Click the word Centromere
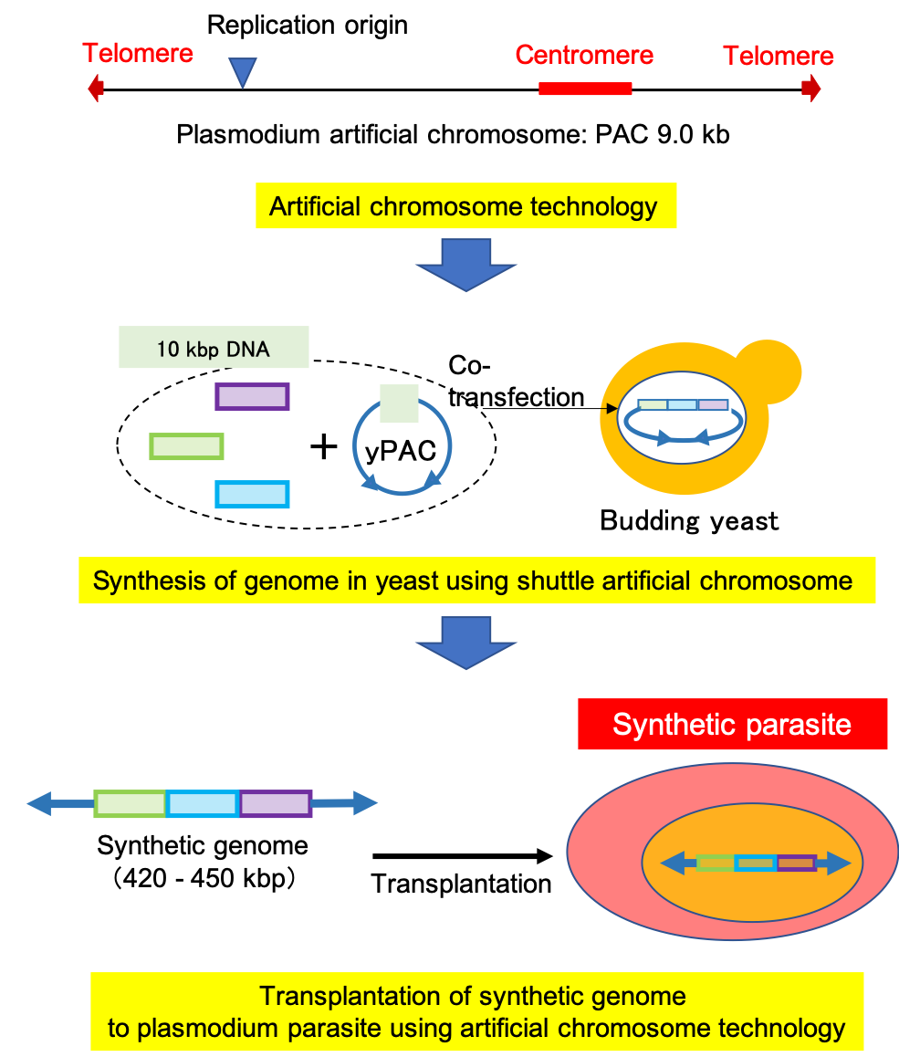point(584,56)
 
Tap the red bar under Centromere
point(585,89)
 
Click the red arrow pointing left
point(95,89)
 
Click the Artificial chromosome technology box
point(464,206)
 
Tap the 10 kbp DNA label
point(214,348)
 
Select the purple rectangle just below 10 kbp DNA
point(252,397)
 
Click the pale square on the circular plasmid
point(399,403)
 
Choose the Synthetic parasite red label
point(732,725)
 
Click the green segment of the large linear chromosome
point(130,804)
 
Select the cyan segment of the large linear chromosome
point(203,804)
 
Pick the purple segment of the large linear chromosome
point(276,804)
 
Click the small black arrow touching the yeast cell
point(608,410)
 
